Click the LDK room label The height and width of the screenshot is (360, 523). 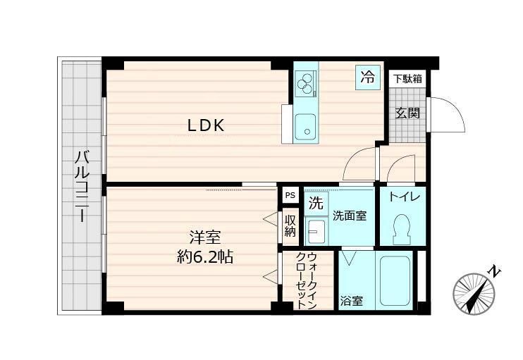pos(205,125)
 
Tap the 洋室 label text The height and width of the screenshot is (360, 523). pos(204,236)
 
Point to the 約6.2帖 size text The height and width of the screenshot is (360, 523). pos(204,256)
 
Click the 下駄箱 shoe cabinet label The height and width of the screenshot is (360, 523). pos(407,78)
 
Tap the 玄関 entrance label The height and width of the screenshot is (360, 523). pos(407,113)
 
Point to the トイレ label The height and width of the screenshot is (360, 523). pos(403,197)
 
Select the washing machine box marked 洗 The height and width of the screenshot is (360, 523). pos(316,204)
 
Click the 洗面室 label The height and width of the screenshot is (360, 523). pos(350,216)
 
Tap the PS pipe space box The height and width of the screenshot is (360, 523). pos(290,195)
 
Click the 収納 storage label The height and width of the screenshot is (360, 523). pos(290,225)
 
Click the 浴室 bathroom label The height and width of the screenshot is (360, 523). pos(352,301)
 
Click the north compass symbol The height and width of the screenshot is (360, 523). pos(474,291)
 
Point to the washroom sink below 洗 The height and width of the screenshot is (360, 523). pos(316,230)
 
